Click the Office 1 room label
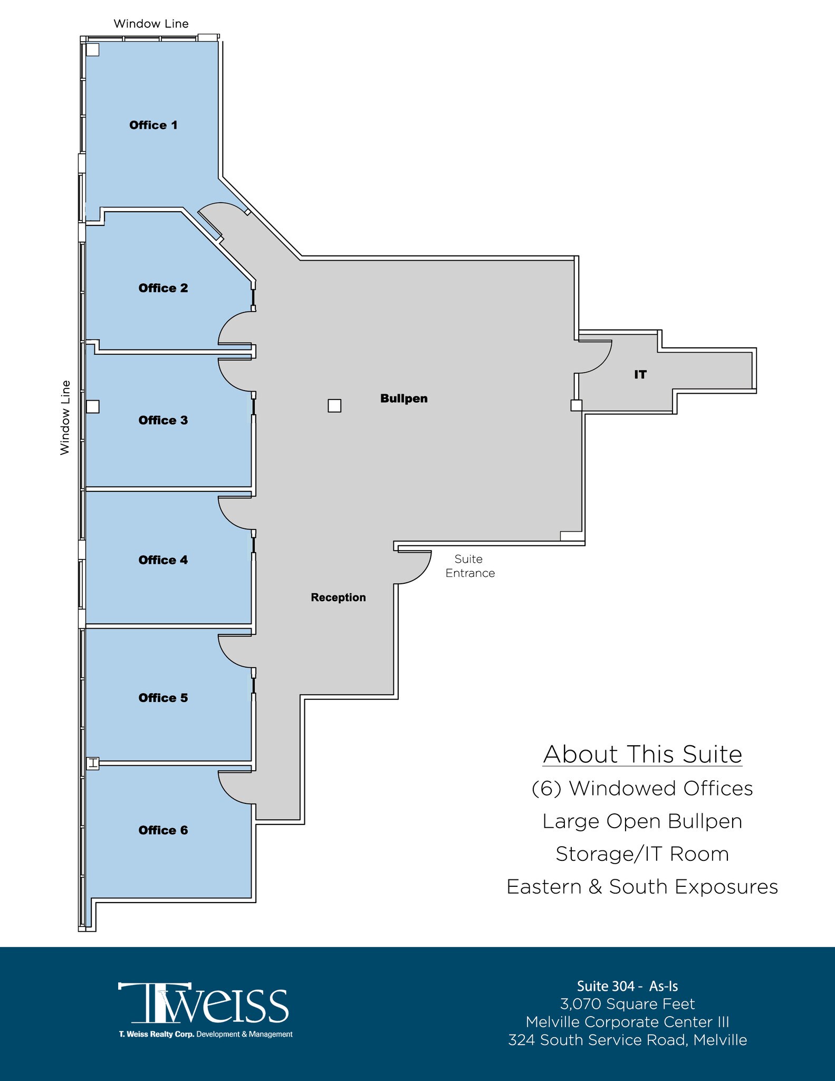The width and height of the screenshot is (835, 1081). pyautogui.click(x=153, y=125)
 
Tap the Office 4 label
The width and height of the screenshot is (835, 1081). pyautogui.click(x=163, y=560)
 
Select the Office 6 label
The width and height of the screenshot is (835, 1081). pyautogui.click(x=163, y=830)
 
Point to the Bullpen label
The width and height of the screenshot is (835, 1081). pyautogui.click(x=404, y=399)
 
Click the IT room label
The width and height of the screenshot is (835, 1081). pyautogui.click(x=640, y=375)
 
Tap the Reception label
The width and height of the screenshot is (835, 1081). pyautogui.click(x=338, y=598)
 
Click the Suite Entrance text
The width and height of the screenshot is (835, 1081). pyautogui.click(x=469, y=566)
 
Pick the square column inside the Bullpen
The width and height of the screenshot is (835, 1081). pyautogui.click(x=334, y=405)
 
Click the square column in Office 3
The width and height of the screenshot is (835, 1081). pyautogui.click(x=93, y=406)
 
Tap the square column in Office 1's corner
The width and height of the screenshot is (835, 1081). pyautogui.click(x=93, y=50)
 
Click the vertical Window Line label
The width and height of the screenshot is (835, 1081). pyautogui.click(x=65, y=418)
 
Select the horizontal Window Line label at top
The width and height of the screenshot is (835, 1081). pyautogui.click(x=151, y=24)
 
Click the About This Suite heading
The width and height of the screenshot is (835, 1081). pyautogui.click(x=642, y=754)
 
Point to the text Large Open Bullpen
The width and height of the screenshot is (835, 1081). pyautogui.click(x=642, y=821)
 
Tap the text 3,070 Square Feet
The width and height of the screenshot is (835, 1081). pyautogui.click(x=627, y=1004)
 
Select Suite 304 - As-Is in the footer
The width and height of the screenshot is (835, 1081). pyautogui.click(x=627, y=986)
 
